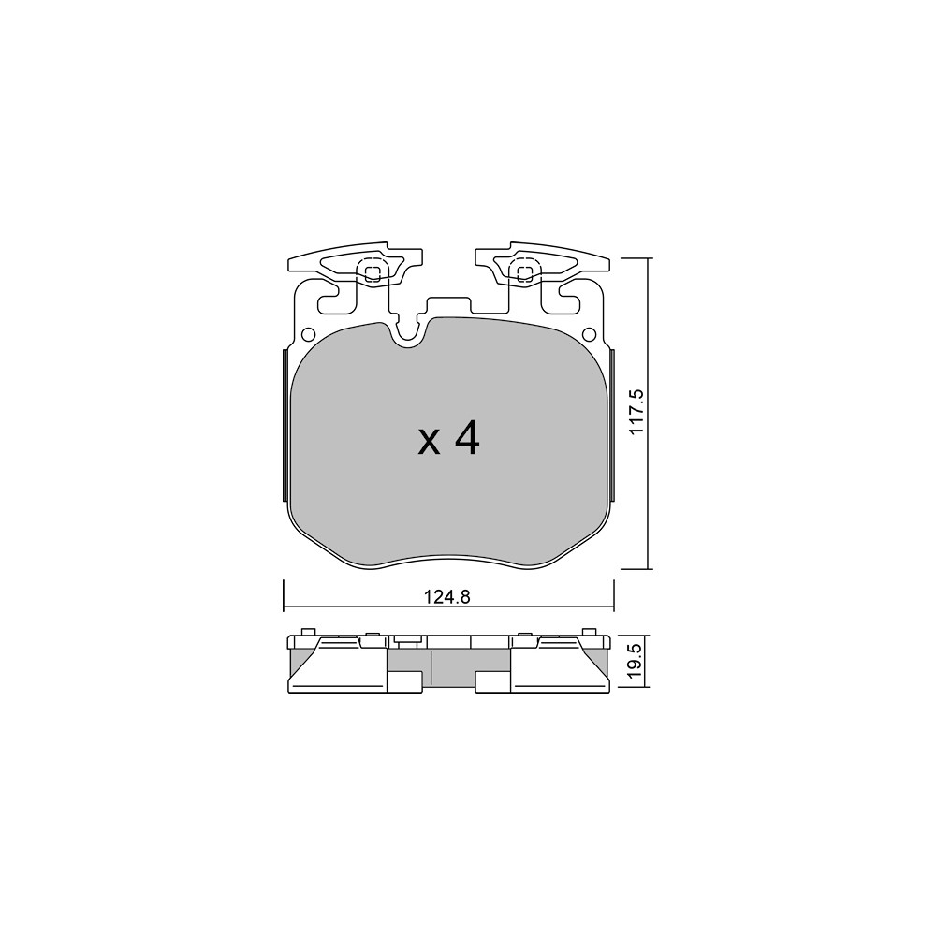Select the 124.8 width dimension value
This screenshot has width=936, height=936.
tap(447, 596)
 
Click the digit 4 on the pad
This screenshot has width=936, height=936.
tap(467, 439)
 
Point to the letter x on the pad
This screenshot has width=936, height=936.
tap(430, 444)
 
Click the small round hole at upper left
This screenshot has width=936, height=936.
tap(309, 333)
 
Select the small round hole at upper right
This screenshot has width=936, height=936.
tap(589, 333)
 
